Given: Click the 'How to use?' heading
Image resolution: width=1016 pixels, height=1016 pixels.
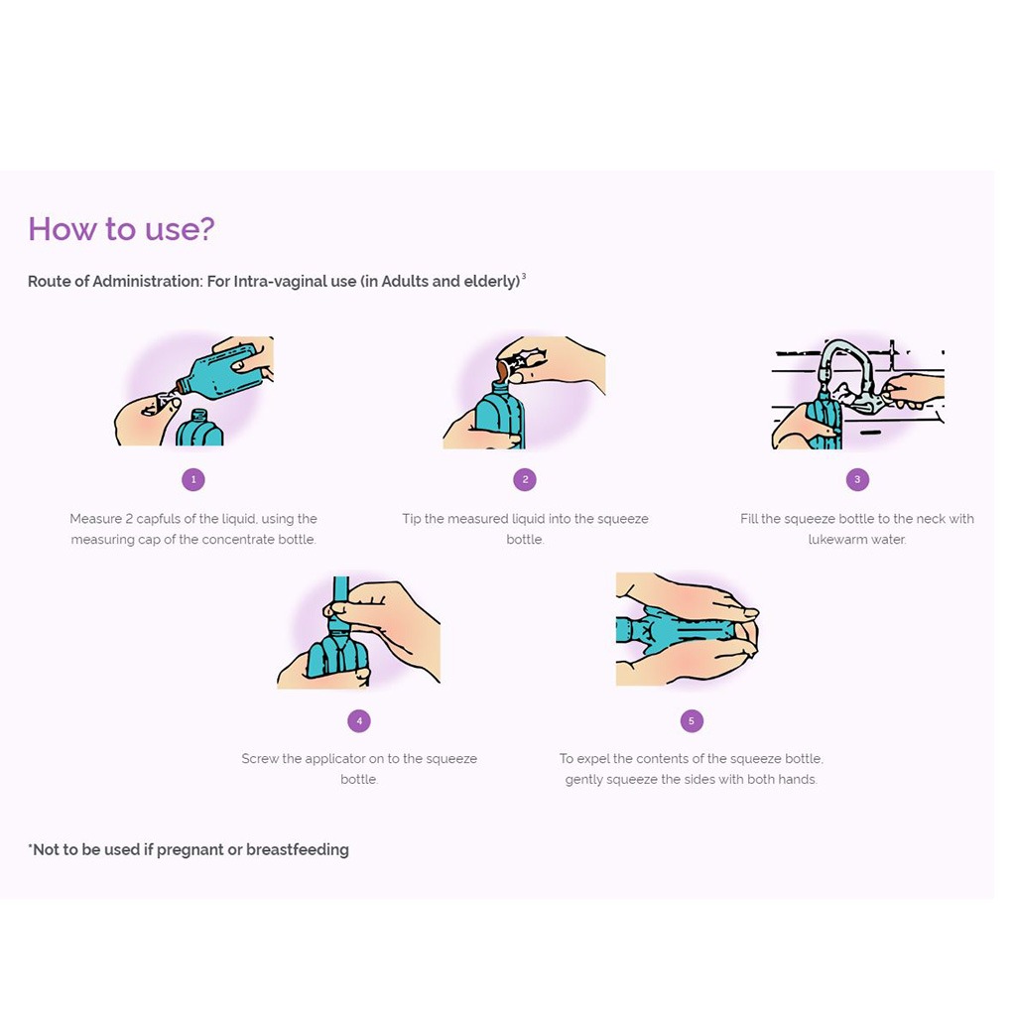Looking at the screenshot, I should click(121, 229).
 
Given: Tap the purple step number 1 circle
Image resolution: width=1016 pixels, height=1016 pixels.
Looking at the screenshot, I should click(193, 479).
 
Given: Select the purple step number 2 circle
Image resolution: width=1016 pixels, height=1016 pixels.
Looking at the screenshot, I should click(525, 479).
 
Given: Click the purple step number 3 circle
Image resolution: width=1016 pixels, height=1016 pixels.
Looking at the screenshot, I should click(857, 479).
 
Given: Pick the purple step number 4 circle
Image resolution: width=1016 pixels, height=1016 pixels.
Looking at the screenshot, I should click(359, 720).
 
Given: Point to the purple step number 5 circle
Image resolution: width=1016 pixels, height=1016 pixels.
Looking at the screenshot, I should click(692, 720).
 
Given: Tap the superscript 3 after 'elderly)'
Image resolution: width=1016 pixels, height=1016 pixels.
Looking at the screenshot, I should click(524, 277).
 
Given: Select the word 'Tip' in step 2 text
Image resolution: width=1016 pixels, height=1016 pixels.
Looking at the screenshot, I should click(412, 519).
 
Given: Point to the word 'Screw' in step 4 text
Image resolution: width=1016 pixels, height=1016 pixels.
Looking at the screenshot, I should click(259, 759).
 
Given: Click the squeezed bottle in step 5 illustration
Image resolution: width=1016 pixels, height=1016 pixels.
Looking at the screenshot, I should click(680, 630).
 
